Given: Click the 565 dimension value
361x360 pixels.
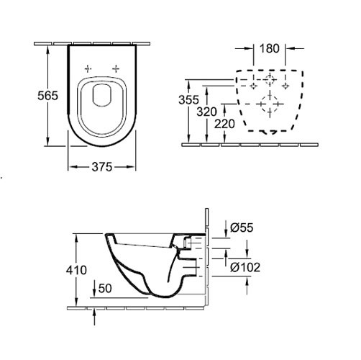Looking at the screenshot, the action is [x=48, y=96].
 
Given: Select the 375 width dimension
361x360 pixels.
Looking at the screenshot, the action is [x=102, y=167].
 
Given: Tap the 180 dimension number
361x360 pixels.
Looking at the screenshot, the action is [x=270, y=48].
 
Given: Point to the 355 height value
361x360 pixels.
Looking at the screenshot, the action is [x=188, y=100].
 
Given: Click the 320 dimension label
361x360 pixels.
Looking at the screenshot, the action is [x=206, y=112].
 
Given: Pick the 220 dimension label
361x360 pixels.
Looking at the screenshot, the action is [x=224, y=124].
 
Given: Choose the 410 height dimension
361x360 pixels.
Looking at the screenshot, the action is [x=76, y=270].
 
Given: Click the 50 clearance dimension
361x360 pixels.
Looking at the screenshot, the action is [x=105, y=288].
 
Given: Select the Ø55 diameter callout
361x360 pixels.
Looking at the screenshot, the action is [x=242, y=228].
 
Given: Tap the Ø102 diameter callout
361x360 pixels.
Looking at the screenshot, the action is [x=245, y=267].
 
